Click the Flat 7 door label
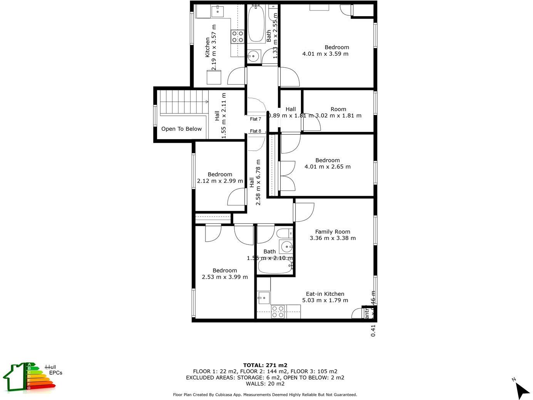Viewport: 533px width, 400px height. point(256,119)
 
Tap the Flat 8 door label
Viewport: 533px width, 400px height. point(256,131)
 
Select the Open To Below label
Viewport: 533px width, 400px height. point(181,129)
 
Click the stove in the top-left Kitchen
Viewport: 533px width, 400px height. point(237,37)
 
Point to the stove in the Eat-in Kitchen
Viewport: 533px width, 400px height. point(278,312)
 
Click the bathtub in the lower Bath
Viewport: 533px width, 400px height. point(275,266)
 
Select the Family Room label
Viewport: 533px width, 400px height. point(332,232)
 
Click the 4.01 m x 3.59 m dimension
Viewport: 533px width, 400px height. point(326,54)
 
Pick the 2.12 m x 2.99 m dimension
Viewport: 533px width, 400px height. point(220,181)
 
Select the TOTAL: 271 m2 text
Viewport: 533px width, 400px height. point(265,365)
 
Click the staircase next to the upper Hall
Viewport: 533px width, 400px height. point(184,102)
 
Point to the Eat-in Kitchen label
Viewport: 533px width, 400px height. point(325,294)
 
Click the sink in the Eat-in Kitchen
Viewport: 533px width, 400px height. point(264,297)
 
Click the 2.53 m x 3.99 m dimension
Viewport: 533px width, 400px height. point(225,277)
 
